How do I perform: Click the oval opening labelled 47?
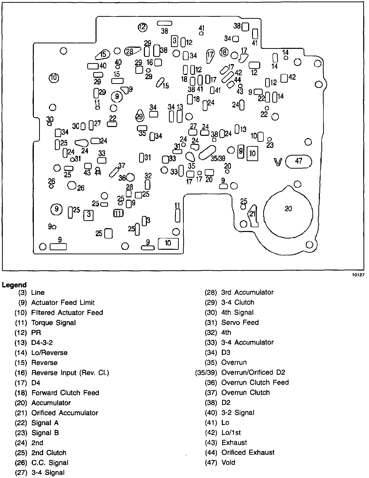coord(299,161)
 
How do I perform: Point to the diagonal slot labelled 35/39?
coord(207,153)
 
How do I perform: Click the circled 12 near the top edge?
coord(143,27)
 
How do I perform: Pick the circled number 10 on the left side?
coord(54,78)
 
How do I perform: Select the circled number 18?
coord(224,52)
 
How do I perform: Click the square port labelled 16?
coord(158,62)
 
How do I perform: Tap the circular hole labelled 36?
coord(130,177)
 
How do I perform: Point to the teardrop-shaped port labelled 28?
coord(132,51)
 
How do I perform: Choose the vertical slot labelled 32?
coord(148,184)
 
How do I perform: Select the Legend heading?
coord(14,285)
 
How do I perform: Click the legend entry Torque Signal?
coord(53,323)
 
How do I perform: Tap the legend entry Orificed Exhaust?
coord(248,452)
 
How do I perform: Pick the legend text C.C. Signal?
coord(50,463)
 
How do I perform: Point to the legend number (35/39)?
coord(206,373)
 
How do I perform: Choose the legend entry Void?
coord(228,462)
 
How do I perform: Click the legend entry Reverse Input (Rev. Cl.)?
coord(70,373)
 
